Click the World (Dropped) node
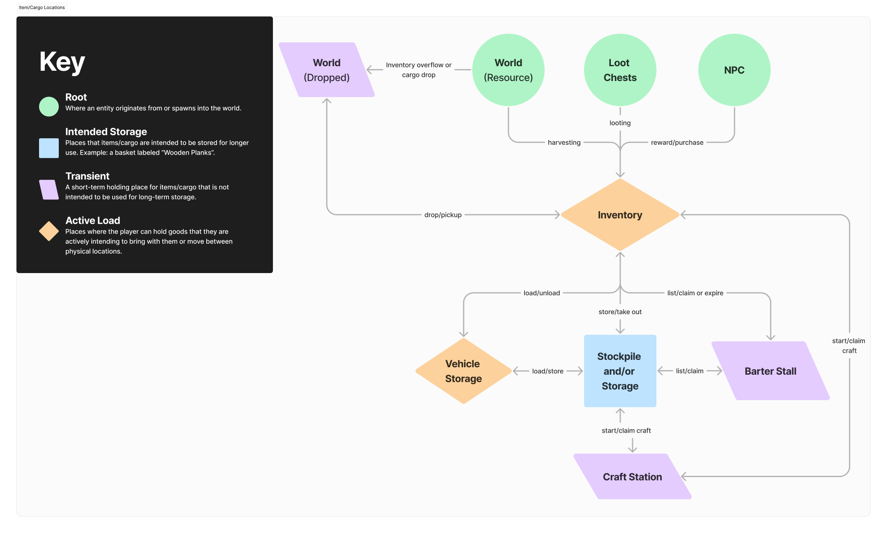point(327,70)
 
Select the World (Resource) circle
point(508,70)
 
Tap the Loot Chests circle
point(620,70)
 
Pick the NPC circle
point(734,70)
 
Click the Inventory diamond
point(620,215)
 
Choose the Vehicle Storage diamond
point(464,371)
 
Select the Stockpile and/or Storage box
point(620,371)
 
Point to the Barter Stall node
point(771,371)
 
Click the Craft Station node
point(633,477)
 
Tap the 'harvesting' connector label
point(564,142)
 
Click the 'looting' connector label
point(620,123)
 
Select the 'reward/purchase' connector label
point(677,142)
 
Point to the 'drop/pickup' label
point(443,215)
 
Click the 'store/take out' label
point(620,312)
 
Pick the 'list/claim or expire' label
point(695,293)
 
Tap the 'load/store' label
point(547,371)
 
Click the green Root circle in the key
point(49,107)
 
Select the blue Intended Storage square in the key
point(49,148)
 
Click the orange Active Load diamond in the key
point(49,231)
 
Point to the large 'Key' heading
point(62,62)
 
